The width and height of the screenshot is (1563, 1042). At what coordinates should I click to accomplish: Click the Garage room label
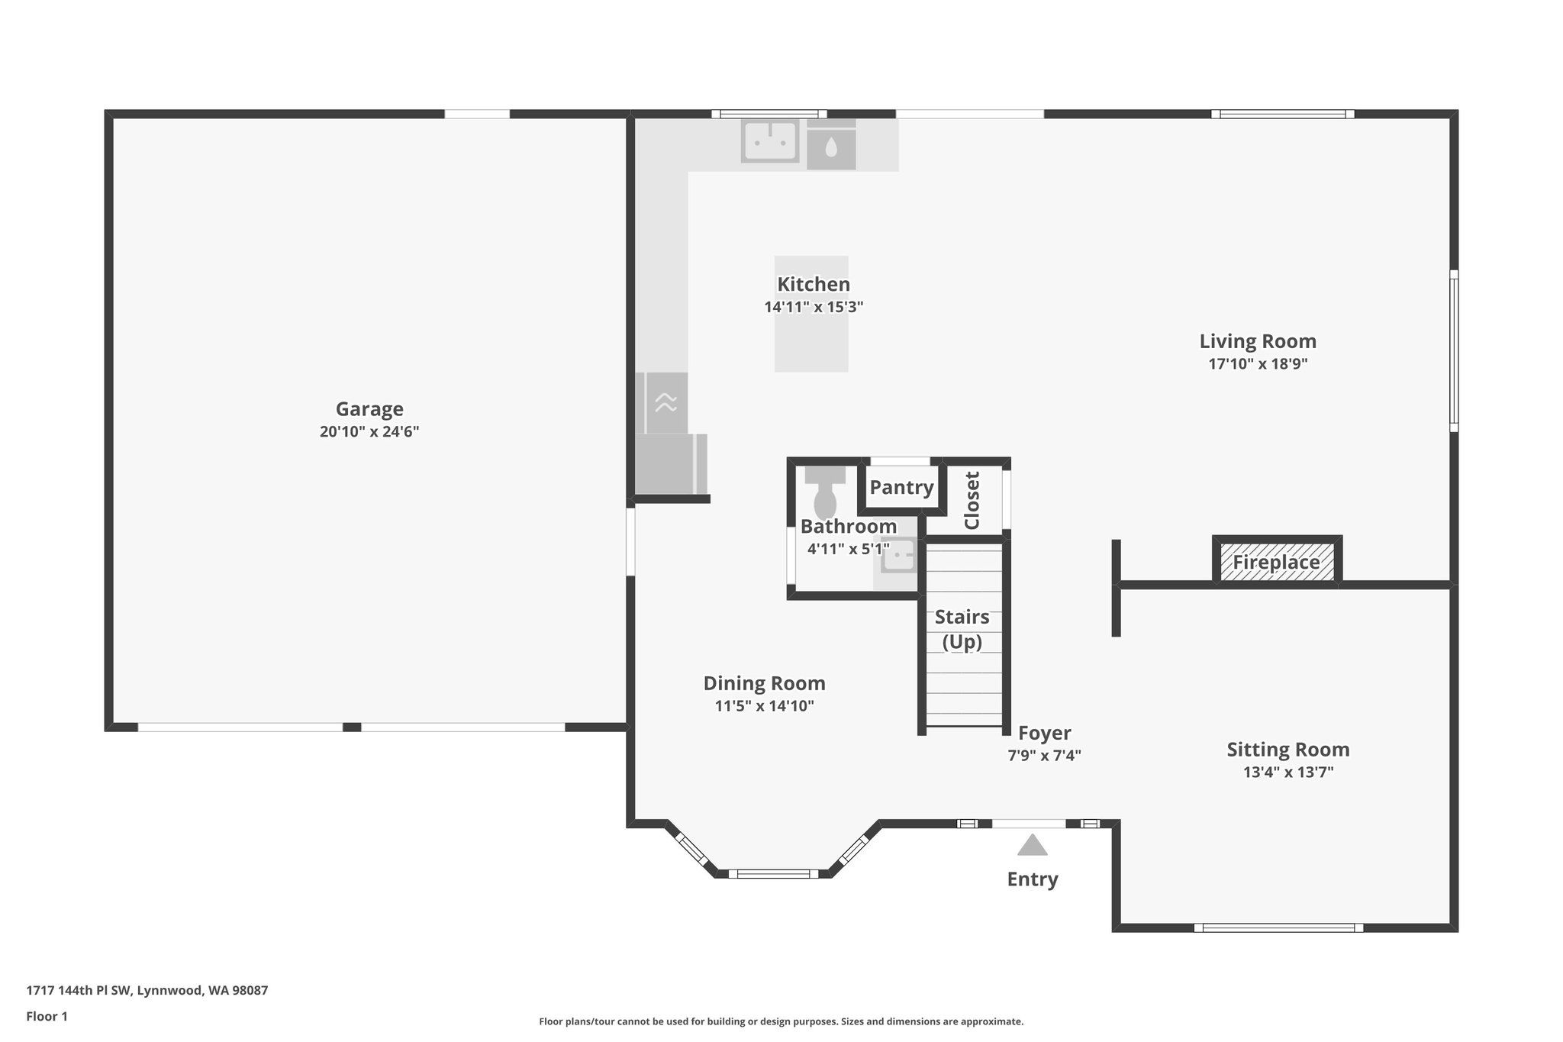[x=369, y=409]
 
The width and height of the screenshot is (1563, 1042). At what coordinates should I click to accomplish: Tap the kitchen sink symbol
[x=770, y=141]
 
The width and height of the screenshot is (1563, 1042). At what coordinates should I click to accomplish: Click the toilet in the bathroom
[x=825, y=495]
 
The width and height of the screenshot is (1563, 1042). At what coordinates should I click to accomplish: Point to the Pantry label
[x=901, y=488]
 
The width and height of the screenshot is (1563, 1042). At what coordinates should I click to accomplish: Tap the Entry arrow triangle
[x=1032, y=845]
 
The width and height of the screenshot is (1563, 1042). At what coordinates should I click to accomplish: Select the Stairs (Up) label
[x=962, y=629]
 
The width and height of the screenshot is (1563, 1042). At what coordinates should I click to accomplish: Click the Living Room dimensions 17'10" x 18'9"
[x=1258, y=364]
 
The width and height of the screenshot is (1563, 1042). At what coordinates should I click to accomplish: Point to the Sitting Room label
[x=1287, y=750]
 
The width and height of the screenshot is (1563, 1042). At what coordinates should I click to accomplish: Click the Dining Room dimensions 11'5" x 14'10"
[x=764, y=706]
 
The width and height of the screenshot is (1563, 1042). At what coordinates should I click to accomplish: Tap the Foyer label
[x=1044, y=734]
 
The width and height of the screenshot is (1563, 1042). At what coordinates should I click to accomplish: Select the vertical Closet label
[x=972, y=501]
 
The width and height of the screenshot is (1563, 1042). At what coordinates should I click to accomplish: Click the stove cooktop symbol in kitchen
[x=665, y=402]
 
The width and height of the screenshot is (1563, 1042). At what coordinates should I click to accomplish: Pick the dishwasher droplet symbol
[x=831, y=147]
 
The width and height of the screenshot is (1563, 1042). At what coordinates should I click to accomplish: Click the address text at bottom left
[x=147, y=991]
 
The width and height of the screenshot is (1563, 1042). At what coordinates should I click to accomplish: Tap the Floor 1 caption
[x=47, y=1016]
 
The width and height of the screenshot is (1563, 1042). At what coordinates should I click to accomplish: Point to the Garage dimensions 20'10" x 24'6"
[x=369, y=432]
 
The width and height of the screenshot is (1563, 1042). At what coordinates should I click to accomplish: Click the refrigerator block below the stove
[x=670, y=464]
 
